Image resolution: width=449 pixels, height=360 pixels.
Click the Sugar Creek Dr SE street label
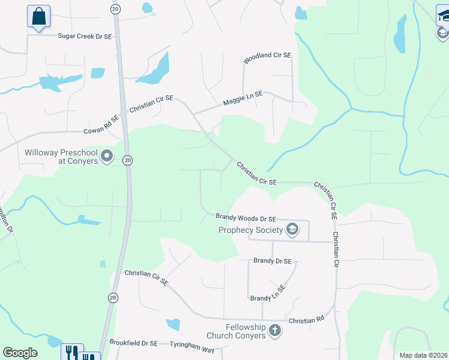click(85, 37)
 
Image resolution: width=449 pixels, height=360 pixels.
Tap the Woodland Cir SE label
click(267, 58)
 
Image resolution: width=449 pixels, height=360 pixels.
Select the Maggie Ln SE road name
click(243, 98)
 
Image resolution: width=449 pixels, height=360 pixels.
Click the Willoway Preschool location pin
click(107, 157)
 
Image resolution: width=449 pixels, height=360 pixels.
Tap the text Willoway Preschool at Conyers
click(61, 157)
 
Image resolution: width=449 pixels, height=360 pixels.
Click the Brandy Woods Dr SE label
click(246, 219)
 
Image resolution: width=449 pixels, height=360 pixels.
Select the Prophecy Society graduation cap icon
click(292, 230)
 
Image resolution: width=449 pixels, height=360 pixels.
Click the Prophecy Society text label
click(250, 230)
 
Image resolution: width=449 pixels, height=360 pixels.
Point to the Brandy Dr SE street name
click(272, 261)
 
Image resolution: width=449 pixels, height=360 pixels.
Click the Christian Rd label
click(306, 321)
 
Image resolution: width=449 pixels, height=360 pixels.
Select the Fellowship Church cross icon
click(275, 331)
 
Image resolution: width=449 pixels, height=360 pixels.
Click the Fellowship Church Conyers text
click(236, 331)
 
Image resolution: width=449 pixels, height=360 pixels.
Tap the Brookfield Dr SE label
click(133, 343)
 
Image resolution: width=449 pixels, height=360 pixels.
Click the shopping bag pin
click(39, 16)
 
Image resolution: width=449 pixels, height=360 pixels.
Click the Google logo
click(20, 353)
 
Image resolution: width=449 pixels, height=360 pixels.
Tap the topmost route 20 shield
click(115, 9)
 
